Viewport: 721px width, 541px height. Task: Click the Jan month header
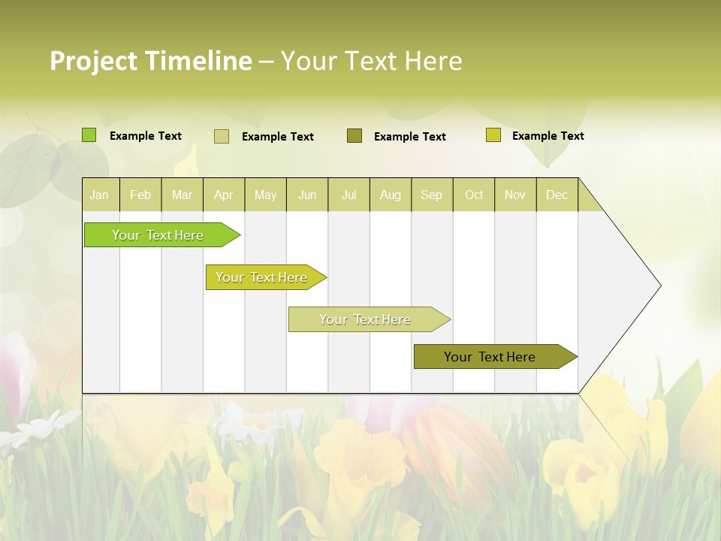click(99, 195)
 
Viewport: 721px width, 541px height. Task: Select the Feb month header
click(140, 195)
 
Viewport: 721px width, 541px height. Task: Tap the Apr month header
click(223, 195)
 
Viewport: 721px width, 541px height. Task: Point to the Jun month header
click(307, 195)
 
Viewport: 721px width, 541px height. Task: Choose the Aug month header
click(390, 195)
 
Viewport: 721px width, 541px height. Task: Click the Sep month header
click(431, 195)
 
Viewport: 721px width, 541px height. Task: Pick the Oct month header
click(474, 195)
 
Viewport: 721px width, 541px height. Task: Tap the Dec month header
click(557, 195)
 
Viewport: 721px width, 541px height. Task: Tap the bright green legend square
click(89, 135)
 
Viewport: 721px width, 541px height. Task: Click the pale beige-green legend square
click(222, 136)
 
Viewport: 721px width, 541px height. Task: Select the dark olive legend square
click(354, 135)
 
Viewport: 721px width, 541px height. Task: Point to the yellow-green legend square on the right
click(493, 135)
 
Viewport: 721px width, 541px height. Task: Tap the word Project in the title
click(94, 61)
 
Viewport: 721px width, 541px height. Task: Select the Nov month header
click(515, 195)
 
